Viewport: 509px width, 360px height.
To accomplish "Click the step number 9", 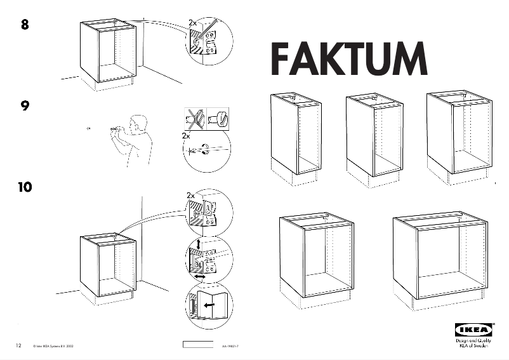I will pyautogui.click(x=25, y=106).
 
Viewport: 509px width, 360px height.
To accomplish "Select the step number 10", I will pyautogui.click(x=25, y=187).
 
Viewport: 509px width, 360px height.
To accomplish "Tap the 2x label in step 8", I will pyautogui.click(x=193, y=23).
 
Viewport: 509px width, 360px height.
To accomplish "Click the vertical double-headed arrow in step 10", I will pyautogui.click(x=199, y=244).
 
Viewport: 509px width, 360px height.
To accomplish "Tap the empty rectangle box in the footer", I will pyautogui.click(x=199, y=345).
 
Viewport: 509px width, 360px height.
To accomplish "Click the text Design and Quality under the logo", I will pyautogui.click(x=473, y=341).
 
